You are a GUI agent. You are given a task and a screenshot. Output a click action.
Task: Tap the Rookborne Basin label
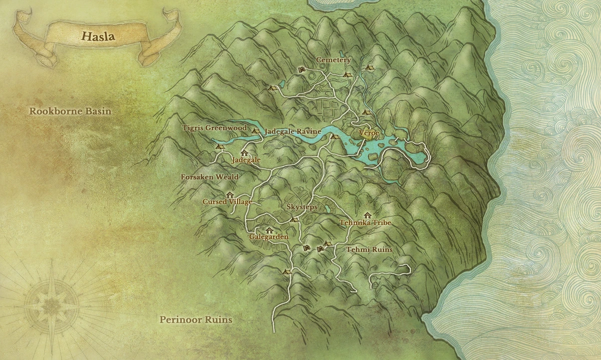[70, 111]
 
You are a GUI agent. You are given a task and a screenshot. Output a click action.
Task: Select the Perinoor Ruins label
[196, 319]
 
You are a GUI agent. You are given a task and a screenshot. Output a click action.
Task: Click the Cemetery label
[333, 60]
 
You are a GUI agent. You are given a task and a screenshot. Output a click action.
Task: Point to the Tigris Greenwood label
[214, 128]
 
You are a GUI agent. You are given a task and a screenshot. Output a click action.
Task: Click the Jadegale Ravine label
[292, 131]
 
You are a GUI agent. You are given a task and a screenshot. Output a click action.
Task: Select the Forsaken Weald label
[209, 177]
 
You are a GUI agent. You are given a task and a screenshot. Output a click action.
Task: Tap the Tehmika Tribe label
[365, 222]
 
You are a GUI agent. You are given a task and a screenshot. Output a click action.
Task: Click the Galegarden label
[268, 237]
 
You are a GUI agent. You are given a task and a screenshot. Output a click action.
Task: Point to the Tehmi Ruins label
[370, 249]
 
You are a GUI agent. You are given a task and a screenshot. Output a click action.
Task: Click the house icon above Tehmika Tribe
[367, 215]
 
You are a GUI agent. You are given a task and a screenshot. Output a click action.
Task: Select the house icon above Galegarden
[269, 230]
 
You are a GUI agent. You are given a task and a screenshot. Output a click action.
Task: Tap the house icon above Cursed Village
[230, 194]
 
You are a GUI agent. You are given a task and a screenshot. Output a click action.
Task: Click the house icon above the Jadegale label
[244, 153]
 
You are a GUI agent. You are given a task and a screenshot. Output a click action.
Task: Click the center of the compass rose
[52, 304]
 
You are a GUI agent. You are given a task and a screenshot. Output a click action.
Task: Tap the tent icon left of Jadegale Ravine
[255, 131]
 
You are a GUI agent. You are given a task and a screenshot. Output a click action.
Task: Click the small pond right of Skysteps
[327, 209]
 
